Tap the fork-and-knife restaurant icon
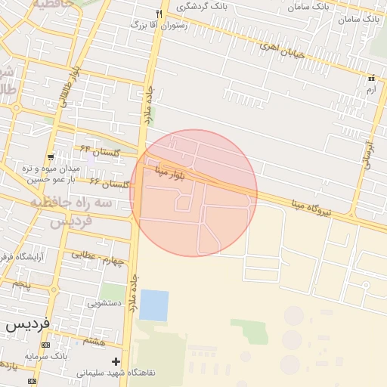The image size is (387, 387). coord(159,14)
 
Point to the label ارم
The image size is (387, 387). coord(370,90)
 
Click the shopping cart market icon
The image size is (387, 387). coord(50,156)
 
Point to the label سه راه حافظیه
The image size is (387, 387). coord(71,204)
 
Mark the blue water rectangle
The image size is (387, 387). coord(154,305)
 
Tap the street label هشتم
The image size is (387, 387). coord(94,342)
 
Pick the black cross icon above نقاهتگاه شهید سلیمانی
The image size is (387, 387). coord(116,361)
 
